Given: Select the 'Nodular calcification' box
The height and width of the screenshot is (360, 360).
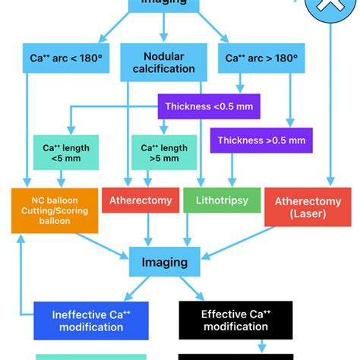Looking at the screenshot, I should click(x=163, y=62).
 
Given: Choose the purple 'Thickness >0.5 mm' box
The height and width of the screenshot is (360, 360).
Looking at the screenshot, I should click(x=261, y=140).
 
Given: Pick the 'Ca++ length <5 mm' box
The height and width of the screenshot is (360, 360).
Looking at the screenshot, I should click(x=65, y=153).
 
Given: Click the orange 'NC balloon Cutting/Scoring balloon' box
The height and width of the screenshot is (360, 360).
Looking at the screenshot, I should click(x=55, y=209).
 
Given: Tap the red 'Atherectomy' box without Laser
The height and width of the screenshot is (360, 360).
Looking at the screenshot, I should click(x=141, y=201).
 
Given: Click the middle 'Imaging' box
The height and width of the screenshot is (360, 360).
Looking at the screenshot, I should click(x=165, y=262).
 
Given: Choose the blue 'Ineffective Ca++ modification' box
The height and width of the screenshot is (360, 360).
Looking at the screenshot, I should click(x=88, y=321).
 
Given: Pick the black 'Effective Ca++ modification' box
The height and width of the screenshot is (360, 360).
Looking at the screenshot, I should click(x=235, y=320).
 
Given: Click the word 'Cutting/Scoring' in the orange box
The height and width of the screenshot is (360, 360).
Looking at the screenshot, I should click(x=55, y=210).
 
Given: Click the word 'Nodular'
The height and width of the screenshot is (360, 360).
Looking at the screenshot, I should click(x=163, y=55).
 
